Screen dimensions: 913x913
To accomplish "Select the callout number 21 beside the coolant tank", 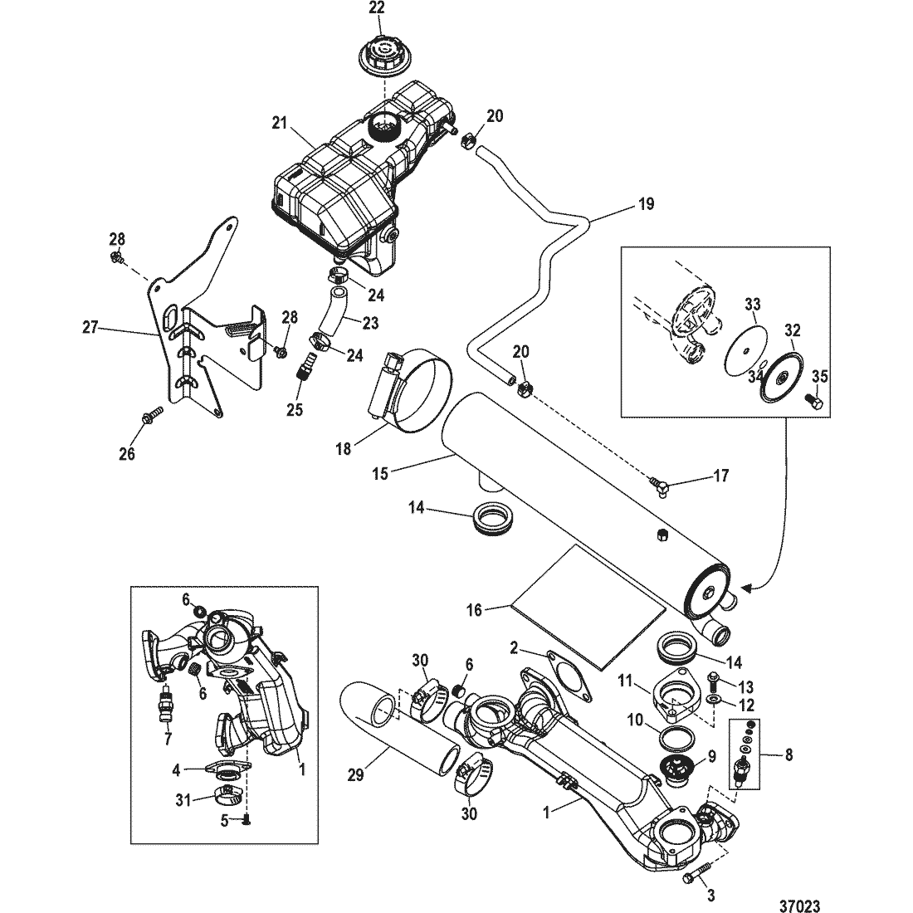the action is (x=280, y=123).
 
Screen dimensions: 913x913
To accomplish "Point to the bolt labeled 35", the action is (x=813, y=402).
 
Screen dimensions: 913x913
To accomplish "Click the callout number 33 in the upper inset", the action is (x=752, y=305).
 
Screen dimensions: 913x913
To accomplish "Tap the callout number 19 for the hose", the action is (x=646, y=204).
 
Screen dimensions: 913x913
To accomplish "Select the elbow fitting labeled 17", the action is (x=659, y=485).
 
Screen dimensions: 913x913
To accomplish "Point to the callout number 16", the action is (x=475, y=610).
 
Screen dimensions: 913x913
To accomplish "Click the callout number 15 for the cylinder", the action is (x=379, y=473).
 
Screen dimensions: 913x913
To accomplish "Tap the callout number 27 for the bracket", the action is (x=90, y=327).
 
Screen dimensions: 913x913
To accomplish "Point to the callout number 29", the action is (x=356, y=775).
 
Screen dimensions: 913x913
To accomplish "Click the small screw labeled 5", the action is (x=246, y=820).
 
